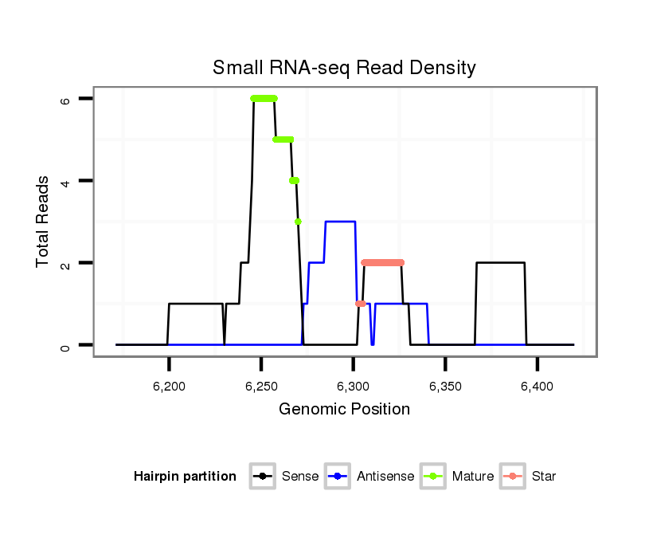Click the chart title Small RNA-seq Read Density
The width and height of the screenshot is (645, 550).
click(x=344, y=69)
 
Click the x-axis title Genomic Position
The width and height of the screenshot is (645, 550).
click(x=344, y=410)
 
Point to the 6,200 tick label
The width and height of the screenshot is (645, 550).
click(x=169, y=387)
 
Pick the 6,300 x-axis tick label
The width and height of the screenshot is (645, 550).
click(x=353, y=387)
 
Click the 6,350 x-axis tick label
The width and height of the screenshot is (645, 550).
click(x=445, y=387)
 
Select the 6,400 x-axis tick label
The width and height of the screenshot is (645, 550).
click(x=537, y=387)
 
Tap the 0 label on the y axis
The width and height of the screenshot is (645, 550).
click(x=65, y=345)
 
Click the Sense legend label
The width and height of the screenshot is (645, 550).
click(x=300, y=477)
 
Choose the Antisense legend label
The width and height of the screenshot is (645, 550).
click(x=385, y=477)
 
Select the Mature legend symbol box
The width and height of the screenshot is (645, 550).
click(x=434, y=477)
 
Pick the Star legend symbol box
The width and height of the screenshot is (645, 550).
click(x=514, y=477)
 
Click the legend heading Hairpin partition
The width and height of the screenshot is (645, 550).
click(x=186, y=477)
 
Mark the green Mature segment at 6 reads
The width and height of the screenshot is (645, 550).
click(x=264, y=98)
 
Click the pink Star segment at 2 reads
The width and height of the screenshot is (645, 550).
click(x=382, y=262)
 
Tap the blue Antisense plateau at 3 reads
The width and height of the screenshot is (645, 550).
click(x=340, y=222)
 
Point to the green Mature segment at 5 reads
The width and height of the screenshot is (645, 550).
click(x=283, y=139)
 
